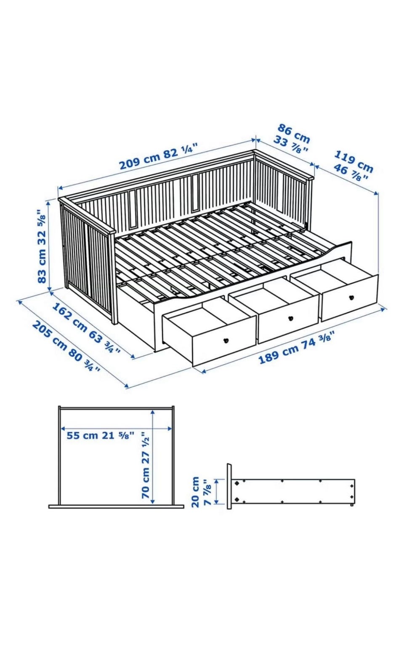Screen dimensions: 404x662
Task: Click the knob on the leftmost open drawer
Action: (x=226, y=340)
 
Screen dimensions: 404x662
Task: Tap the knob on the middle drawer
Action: (x=291, y=318)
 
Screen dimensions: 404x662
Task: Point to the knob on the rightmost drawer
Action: (x=351, y=297)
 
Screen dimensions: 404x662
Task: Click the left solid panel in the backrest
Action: (x=133, y=209)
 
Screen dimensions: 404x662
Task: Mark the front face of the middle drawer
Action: (x=289, y=319)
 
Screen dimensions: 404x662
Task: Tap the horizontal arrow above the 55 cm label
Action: (x=116, y=428)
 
